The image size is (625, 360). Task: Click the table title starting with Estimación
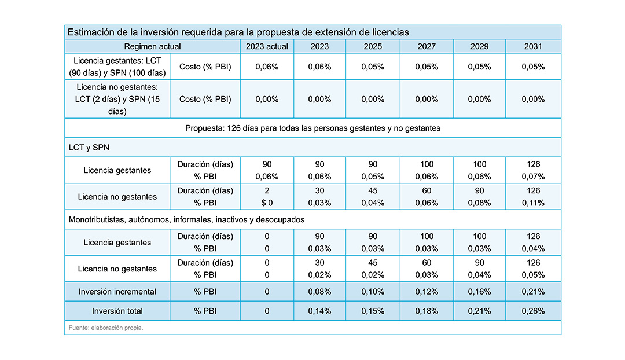click(x=238, y=32)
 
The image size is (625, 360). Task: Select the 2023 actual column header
click(x=267, y=47)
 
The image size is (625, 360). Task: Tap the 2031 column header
click(x=533, y=47)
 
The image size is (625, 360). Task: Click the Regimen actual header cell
click(x=152, y=47)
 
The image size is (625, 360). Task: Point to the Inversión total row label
click(x=117, y=311)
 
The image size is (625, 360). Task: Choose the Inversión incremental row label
click(x=117, y=292)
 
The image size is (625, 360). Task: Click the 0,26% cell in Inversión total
click(x=533, y=311)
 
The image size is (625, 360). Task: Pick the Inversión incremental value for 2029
click(x=479, y=292)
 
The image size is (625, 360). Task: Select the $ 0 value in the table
click(x=267, y=203)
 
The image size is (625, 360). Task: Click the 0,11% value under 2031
click(x=533, y=203)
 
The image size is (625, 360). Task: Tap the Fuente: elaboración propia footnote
click(x=106, y=328)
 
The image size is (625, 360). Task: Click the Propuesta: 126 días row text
click(x=312, y=128)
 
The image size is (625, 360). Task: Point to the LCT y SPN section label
click(x=89, y=148)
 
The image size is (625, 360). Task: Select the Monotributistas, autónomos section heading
click(x=186, y=220)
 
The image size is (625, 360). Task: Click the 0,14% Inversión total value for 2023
click(x=319, y=311)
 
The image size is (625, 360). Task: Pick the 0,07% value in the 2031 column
click(x=533, y=177)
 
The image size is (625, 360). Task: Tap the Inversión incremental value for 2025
click(x=373, y=292)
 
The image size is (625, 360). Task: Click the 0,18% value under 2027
click(x=427, y=311)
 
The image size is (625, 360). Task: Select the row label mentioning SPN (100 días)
click(x=117, y=67)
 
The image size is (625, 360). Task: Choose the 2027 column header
click(x=427, y=47)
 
